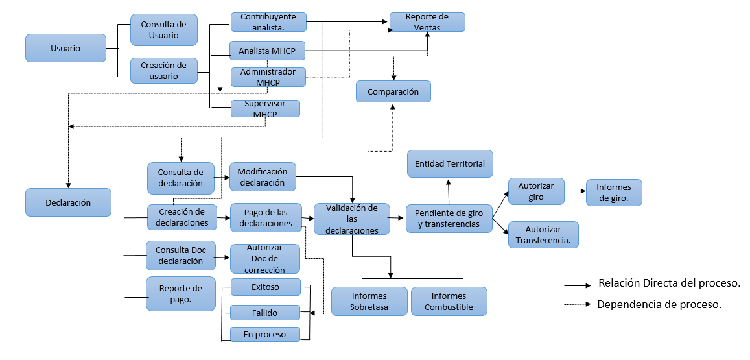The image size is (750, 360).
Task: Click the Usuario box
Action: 65,48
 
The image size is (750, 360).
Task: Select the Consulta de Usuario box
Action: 163,30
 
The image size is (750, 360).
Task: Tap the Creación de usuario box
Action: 163,71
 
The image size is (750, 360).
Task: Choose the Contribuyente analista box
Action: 268,22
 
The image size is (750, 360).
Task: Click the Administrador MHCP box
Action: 267,77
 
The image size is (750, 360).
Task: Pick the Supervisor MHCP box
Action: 265,108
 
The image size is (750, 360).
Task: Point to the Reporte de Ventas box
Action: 427,22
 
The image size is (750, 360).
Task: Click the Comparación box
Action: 393,91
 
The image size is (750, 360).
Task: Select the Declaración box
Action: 68,202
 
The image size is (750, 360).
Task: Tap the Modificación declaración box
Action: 263,176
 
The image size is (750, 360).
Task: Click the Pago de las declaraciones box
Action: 266,218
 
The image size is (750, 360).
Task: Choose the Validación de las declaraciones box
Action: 351,219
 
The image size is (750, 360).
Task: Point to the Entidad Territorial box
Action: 449,163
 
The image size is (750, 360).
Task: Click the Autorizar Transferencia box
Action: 543,235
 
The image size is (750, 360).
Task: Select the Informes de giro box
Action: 613,193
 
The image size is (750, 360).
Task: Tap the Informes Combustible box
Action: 449,302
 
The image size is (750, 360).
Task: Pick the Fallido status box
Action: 265,313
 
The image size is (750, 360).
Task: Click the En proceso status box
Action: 265,334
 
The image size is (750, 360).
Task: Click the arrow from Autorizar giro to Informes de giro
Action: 574,191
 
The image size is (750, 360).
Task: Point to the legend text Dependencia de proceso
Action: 659,304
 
